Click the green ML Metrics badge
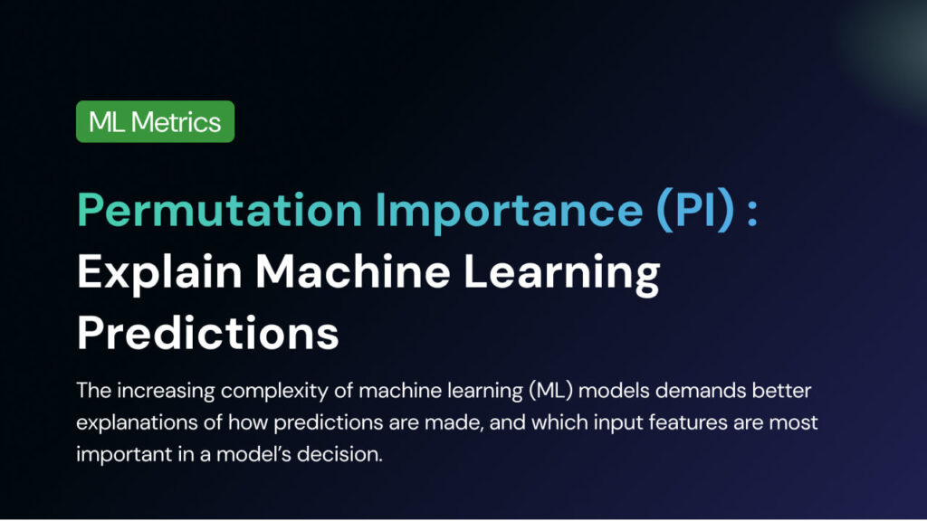tap(156, 121)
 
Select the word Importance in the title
tap(509, 210)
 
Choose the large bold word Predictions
tap(208, 332)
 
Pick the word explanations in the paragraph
tap(137, 422)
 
